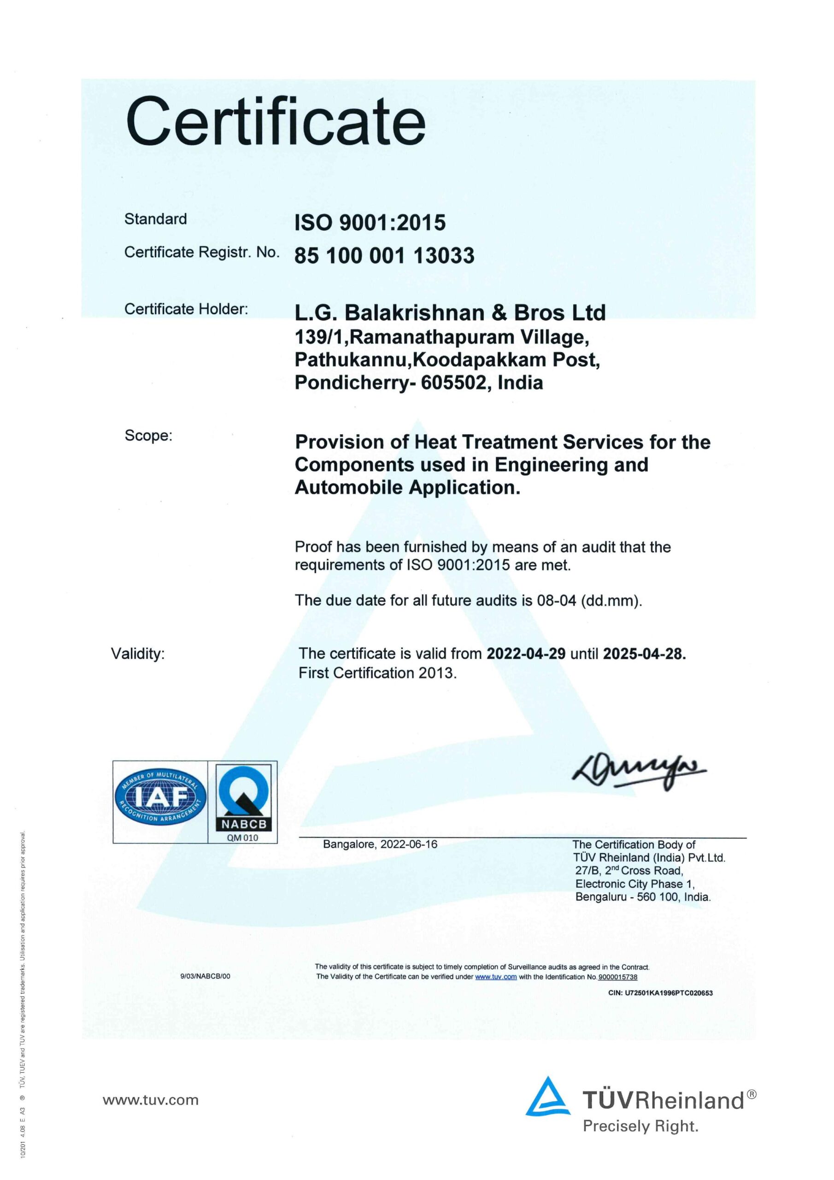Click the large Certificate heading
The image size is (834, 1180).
(276, 122)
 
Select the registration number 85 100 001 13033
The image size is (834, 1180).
(384, 255)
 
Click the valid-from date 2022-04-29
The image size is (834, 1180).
(526, 654)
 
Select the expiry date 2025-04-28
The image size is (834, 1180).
(644, 654)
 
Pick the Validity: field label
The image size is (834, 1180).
(138, 654)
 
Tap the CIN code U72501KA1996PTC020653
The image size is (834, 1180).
(660, 993)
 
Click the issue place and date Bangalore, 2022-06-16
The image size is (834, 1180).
(380, 844)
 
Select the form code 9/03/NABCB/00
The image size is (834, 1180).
(205, 976)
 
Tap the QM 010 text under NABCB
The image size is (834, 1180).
(242, 838)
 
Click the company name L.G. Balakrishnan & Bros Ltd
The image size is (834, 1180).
(450, 313)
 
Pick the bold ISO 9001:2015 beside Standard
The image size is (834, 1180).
(370, 223)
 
